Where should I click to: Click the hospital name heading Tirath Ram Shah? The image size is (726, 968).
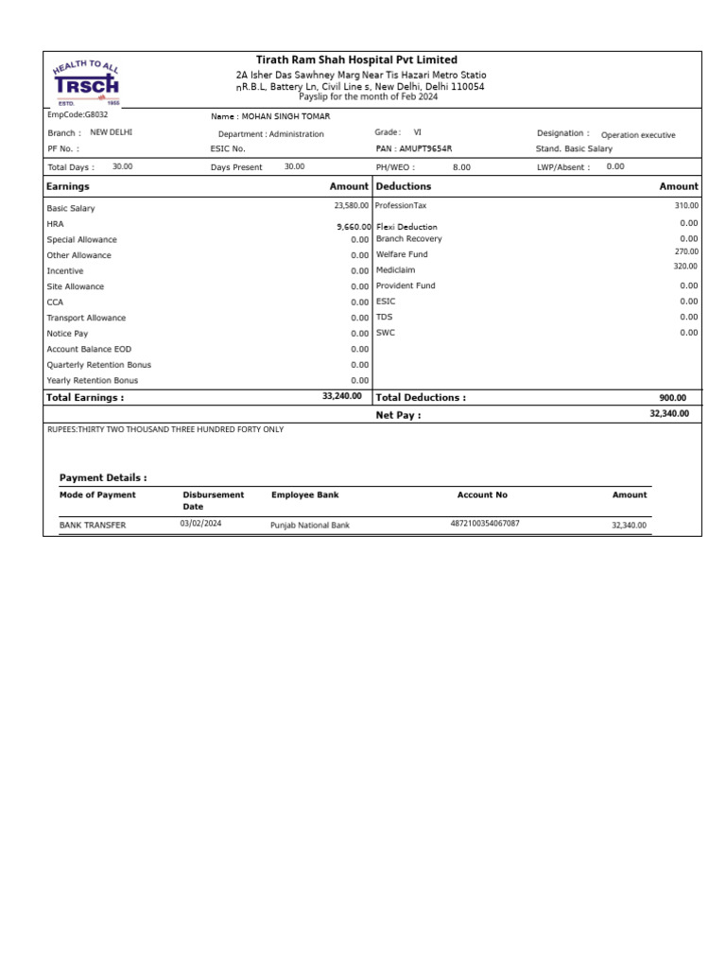356,60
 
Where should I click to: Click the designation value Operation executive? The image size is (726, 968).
638,135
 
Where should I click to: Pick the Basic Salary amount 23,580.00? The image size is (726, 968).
351,205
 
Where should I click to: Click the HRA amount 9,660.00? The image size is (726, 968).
354,227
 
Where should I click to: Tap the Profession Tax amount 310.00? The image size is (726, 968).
686,205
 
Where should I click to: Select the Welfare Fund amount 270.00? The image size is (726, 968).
686,251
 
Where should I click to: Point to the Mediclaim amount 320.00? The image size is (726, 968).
686,267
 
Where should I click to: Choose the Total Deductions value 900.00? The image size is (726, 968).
673,398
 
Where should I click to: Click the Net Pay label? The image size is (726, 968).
398,415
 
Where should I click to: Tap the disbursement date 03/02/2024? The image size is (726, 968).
200,523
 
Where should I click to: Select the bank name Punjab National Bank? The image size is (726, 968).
310,525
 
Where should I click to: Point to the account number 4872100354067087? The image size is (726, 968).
485,523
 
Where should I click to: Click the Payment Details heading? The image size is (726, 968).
103,477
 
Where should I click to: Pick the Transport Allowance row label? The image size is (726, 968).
86,318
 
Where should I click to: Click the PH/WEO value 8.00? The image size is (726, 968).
461,166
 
